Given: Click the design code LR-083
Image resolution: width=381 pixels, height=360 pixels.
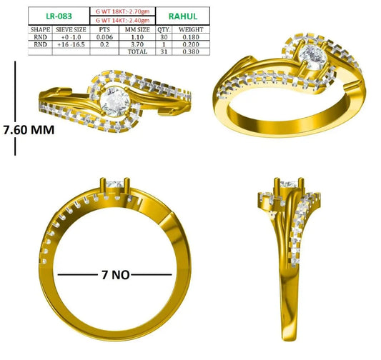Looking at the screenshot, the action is tap(59, 16).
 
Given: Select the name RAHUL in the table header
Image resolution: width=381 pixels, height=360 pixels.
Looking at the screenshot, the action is tap(183, 16).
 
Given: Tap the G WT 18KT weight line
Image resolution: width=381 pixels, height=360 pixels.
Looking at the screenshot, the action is tap(122, 11).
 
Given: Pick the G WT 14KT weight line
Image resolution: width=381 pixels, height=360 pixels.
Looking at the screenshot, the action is tap(122, 20).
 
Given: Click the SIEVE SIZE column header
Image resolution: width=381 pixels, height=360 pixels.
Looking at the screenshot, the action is tap(71, 29).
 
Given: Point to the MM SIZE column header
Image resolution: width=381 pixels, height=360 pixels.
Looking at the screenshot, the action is tap(137, 29).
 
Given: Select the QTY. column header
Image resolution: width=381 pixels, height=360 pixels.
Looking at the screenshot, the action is tap(164, 29).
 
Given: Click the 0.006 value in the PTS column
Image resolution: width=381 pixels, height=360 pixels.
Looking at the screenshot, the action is tap(104, 37).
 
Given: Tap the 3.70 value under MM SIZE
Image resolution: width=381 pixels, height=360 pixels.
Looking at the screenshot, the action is tap(137, 44).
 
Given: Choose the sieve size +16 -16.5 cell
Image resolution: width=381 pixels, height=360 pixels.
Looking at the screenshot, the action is tap(71, 44).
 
